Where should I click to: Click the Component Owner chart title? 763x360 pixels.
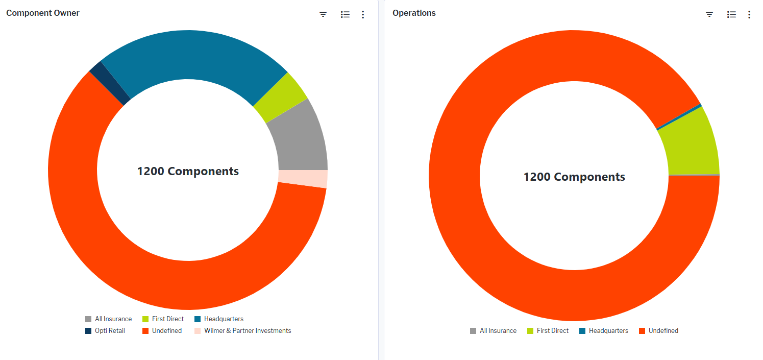[x=43, y=13]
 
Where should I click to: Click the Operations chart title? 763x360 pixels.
[x=414, y=13]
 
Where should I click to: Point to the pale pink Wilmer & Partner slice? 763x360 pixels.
[x=303, y=179]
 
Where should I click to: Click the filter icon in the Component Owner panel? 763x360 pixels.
[x=323, y=14]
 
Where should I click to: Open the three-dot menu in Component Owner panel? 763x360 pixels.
[x=363, y=14]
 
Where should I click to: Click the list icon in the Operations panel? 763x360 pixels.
[x=731, y=14]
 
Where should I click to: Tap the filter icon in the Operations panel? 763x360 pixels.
[x=709, y=14]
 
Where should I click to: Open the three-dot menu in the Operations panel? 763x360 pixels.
[x=749, y=14]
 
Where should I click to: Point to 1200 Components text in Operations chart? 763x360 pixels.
[x=574, y=177]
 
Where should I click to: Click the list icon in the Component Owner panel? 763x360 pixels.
[x=345, y=14]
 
